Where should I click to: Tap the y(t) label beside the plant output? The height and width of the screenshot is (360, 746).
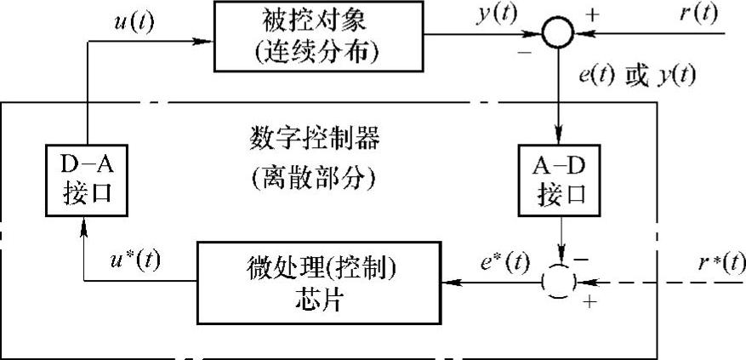[x=496, y=15]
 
